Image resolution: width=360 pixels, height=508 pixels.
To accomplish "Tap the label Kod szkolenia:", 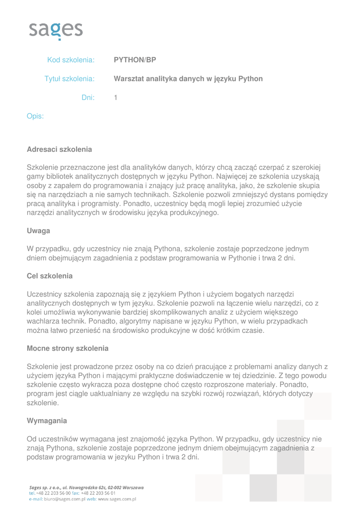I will coord(71,60).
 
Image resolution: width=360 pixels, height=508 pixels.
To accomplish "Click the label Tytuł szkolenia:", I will coord(70,79).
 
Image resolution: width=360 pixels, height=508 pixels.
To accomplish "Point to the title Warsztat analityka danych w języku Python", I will coord(188,79).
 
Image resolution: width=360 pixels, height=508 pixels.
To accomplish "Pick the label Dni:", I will coord(88,98).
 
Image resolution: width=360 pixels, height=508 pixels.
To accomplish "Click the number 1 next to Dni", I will coord(116,98).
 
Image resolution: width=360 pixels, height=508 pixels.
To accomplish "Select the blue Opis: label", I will coord(35,117).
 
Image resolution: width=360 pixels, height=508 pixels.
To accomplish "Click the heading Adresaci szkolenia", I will coord(59,149).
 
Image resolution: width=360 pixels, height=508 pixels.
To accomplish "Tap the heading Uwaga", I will coord(38,231).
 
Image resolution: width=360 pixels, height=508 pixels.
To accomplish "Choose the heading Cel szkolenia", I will coord(50,275).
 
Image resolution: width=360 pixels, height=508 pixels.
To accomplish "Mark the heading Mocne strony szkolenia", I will coord(68,348).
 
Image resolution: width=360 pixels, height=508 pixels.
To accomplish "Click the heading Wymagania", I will coord(47,421).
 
